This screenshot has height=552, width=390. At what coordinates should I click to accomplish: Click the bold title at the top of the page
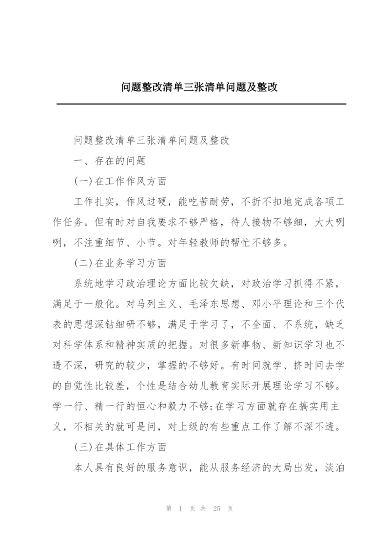click(199, 87)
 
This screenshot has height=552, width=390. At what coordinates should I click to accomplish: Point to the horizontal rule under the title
click(201, 104)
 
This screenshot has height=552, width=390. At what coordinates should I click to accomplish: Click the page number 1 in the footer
click(180, 509)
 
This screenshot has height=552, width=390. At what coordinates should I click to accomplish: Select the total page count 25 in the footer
click(216, 509)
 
